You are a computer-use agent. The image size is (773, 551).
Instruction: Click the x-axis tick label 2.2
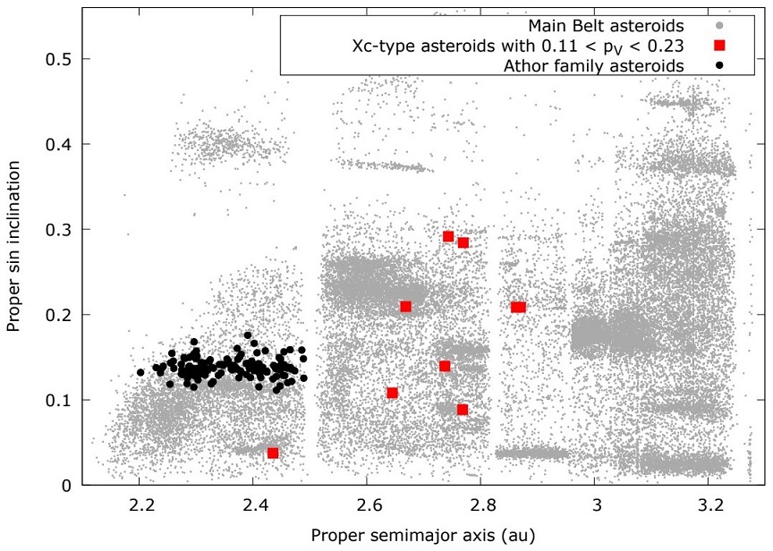point(140,504)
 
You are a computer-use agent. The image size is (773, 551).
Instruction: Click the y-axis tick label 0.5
point(59,59)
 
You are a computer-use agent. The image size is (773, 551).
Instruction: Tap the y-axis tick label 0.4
point(59,144)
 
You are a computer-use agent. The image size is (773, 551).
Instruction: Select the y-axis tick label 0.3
point(59,230)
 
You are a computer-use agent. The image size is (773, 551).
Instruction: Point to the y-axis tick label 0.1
point(59,400)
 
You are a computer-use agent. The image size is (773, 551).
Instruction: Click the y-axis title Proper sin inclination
point(14,258)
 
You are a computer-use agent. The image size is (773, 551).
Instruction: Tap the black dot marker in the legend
point(719,65)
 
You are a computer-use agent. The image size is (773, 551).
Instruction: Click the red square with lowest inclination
point(273,453)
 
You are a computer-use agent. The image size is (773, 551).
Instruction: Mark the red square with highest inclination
point(448,236)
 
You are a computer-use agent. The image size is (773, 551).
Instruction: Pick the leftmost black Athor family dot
point(140,372)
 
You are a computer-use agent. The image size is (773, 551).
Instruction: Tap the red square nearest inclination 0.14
point(445,366)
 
